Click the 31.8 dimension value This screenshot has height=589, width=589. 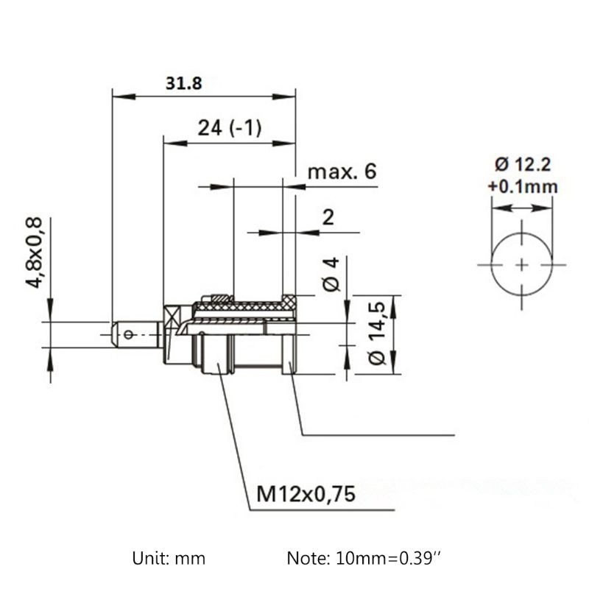coord(183,83)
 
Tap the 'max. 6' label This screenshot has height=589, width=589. coord(342,172)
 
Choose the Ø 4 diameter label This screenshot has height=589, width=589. coord(331,274)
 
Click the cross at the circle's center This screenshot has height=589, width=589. coord(521,264)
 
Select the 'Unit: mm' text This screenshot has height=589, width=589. coord(169,558)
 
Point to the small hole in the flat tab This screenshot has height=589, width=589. coord(130,335)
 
